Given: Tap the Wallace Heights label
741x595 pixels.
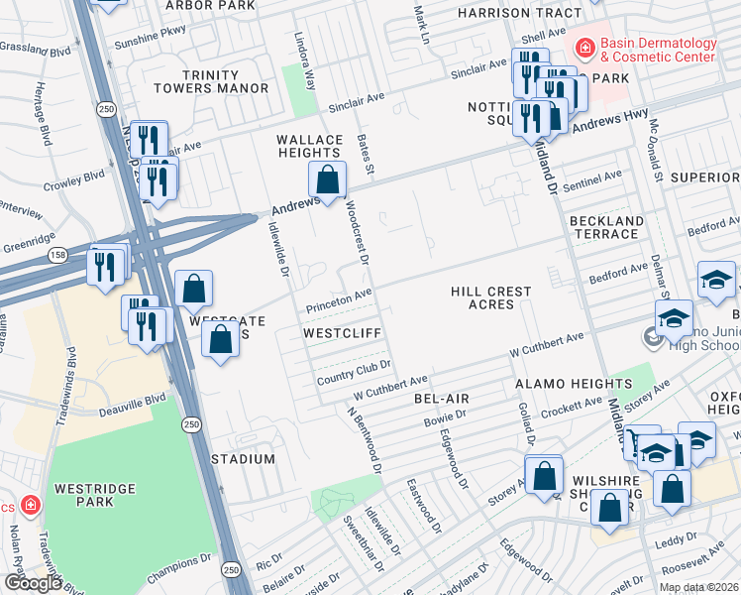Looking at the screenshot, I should click(x=309, y=146).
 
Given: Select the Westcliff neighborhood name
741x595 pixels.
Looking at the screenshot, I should click(x=342, y=333).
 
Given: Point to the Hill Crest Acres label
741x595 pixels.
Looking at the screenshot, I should click(x=491, y=297).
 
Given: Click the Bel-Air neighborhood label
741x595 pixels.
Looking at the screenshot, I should click(x=442, y=398).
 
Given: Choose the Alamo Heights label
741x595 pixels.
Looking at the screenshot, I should click(x=573, y=383).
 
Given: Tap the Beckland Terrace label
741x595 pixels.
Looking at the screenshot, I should click(x=604, y=227).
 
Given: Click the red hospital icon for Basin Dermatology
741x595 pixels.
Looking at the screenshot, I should click(x=585, y=47).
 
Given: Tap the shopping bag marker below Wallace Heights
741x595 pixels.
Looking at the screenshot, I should click(x=327, y=179).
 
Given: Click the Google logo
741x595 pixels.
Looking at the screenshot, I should click(x=33, y=583).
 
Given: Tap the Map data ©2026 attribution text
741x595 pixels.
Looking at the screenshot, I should click(x=698, y=587).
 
